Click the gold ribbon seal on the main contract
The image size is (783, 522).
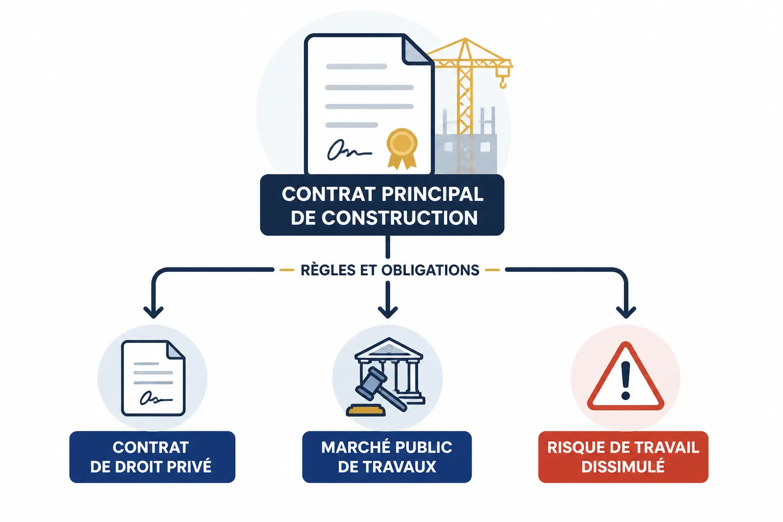coord(402,148)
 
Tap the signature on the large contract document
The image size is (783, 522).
coord(349,150)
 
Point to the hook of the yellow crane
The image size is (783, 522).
coord(503,83)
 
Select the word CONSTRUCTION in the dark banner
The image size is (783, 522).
coord(399,218)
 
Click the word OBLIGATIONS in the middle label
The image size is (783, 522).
coord(430,270)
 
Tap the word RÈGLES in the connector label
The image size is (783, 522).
coord(328,270)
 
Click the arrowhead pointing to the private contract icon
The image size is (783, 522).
coord(153,312)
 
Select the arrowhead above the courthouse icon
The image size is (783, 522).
coord(387,312)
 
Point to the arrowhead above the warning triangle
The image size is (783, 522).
coord(625,312)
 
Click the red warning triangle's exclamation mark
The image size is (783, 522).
coord(625,380)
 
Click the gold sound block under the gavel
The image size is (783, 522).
coord(366,410)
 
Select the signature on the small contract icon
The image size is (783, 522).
coord(155,398)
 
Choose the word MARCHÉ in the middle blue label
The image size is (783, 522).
coord(351,447)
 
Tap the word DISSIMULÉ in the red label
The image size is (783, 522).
coord(623,466)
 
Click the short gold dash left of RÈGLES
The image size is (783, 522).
coord(286,270)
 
